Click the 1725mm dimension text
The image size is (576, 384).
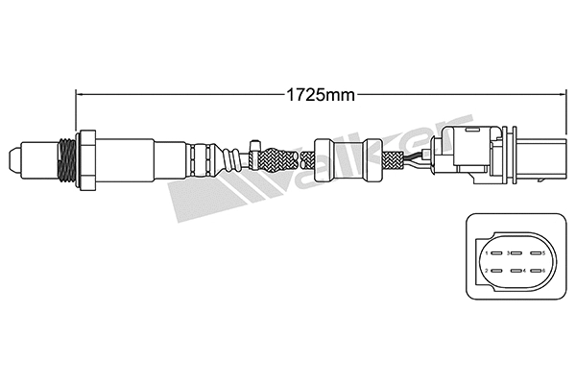(317, 94)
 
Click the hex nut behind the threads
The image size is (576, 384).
(87, 156)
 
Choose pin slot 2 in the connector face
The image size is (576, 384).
(492, 271)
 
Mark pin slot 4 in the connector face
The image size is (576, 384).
(514, 271)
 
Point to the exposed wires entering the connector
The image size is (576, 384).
(414, 158)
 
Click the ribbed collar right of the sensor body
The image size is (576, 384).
(204, 156)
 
